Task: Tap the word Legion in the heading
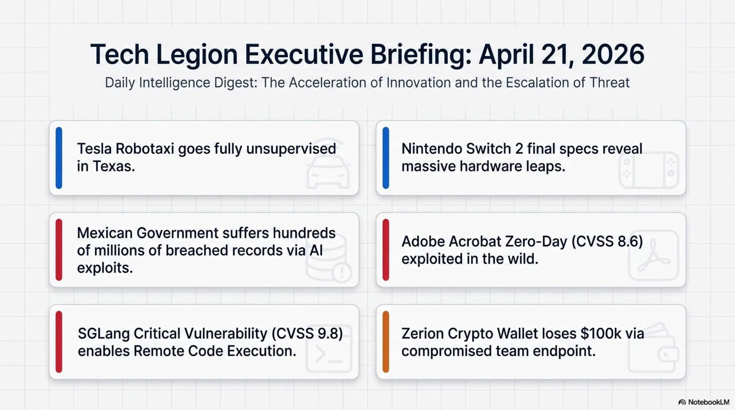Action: pyautogui.click(x=197, y=55)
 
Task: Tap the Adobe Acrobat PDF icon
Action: pyautogui.click(x=653, y=255)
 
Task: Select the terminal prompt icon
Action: pyautogui.click(x=329, y=348)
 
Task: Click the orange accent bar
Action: pyautogui.click(x=386, y=342)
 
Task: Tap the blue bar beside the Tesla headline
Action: pyautogui.click(x=59, y=158)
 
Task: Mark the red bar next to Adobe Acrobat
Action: pyautogui.click(x=386, y=250)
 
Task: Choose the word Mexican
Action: pyautogui.click(x=105, y=233)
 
